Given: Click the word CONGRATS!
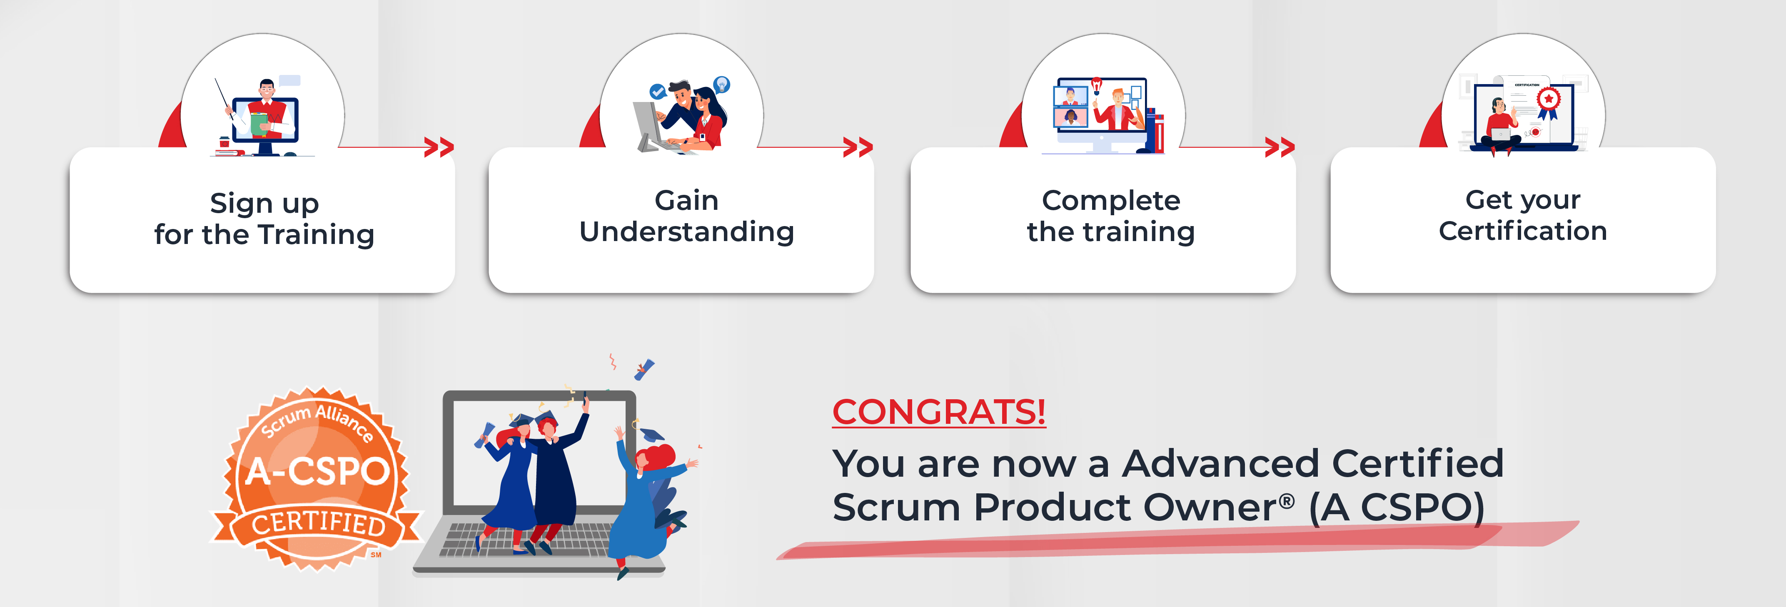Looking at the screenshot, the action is (x=939, y=412).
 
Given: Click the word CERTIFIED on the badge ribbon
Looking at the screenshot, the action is (x=318, y=523).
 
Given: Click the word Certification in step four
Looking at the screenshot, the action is (x=1522, y=231).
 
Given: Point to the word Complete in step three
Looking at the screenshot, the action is (x=1111, y=202).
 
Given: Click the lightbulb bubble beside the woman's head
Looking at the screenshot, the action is (x=722, y=85).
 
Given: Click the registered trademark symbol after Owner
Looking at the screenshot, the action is (x=1287, y=500).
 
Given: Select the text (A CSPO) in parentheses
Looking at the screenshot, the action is (x=1396, y=508).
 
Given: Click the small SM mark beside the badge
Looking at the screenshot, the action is (x=376, y=555).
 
